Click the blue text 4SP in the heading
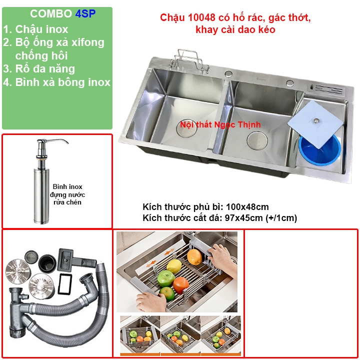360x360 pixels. [85, 14]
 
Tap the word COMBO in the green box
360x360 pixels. [51, 14]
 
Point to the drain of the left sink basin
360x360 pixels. [186, 128]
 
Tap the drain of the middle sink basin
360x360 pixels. [257, 140]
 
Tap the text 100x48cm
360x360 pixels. [247, 207]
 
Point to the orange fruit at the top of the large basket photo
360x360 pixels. [194, 257]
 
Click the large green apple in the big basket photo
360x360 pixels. [166, 278]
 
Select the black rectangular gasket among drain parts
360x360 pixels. [65, 284]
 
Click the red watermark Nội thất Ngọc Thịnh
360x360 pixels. [220, 124]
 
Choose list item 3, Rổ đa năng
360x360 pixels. [39, 69]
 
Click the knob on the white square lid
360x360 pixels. [316, 120]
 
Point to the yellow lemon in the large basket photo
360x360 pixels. [174, 266]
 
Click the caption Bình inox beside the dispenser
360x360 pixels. [67, 186]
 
